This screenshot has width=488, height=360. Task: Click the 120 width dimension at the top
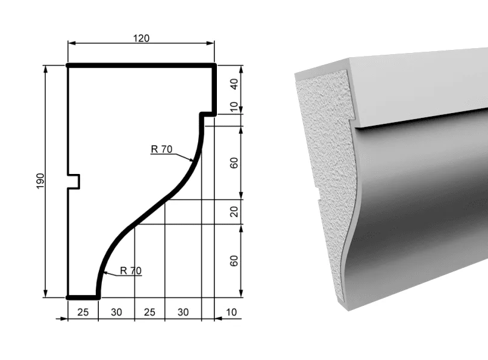(142, 39)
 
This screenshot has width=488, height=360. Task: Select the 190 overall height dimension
(40, 181)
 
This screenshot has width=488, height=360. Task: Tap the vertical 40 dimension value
(234, 84)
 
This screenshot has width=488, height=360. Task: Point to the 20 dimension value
(234, 212)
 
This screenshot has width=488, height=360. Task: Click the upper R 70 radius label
(161, 149)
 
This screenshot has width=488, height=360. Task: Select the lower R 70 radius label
(131, 270)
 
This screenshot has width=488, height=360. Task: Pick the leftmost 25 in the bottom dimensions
(83, 312)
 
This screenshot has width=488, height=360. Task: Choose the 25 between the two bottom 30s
(149, 312)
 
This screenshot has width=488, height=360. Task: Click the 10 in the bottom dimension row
(231, 312)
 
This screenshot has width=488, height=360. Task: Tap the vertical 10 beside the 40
(234, 107)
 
